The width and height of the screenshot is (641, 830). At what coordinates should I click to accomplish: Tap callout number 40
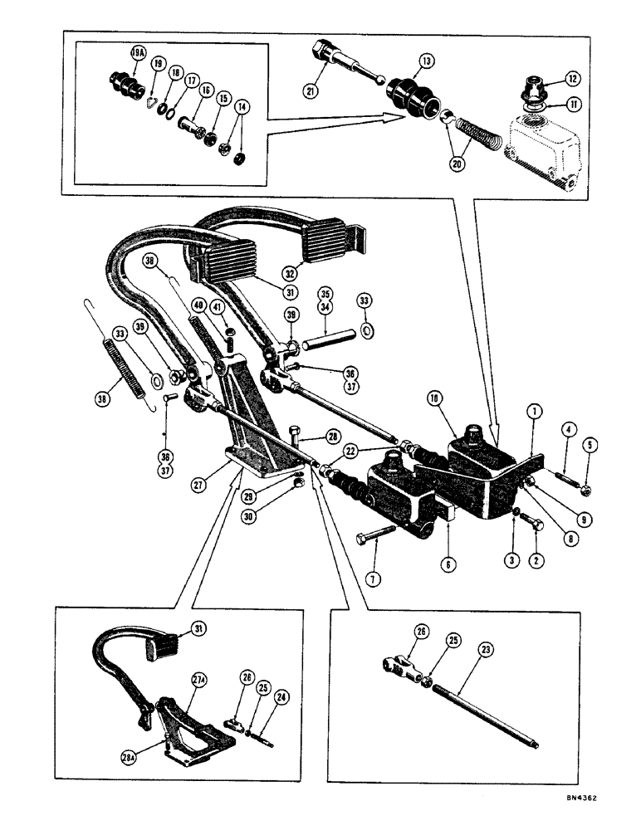[200, 305]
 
